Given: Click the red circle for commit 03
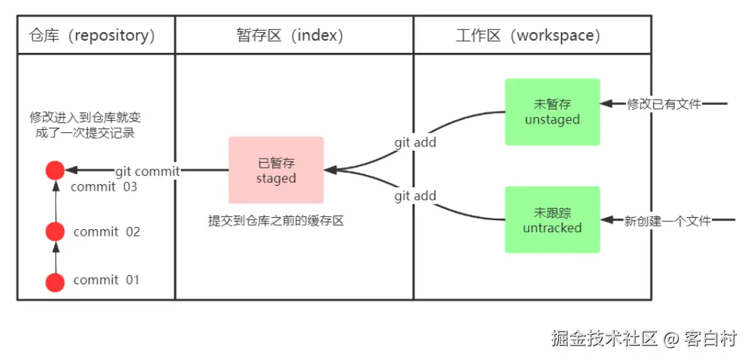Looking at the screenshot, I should click(55, 170).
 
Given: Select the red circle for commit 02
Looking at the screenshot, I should click(55, 231).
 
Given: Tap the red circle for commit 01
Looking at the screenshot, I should click(55, 282).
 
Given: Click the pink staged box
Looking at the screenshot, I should click(276, 170).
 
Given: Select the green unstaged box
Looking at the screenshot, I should click(552, 112).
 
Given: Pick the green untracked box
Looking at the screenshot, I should click(552, 220).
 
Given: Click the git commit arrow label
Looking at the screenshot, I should click(148, 171).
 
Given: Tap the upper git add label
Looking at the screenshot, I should click(415, 142).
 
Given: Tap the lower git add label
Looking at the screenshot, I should click(415, 196).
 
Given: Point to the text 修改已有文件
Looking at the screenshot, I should click(664, 104).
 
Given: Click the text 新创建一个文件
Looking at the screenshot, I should click(668, 221).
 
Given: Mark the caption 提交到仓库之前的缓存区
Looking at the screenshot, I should click(276, 221).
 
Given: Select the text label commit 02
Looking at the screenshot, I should click(106, 232).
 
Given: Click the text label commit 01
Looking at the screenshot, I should click(106, 280).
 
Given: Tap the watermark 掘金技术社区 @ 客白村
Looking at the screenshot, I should click(643, 337).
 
